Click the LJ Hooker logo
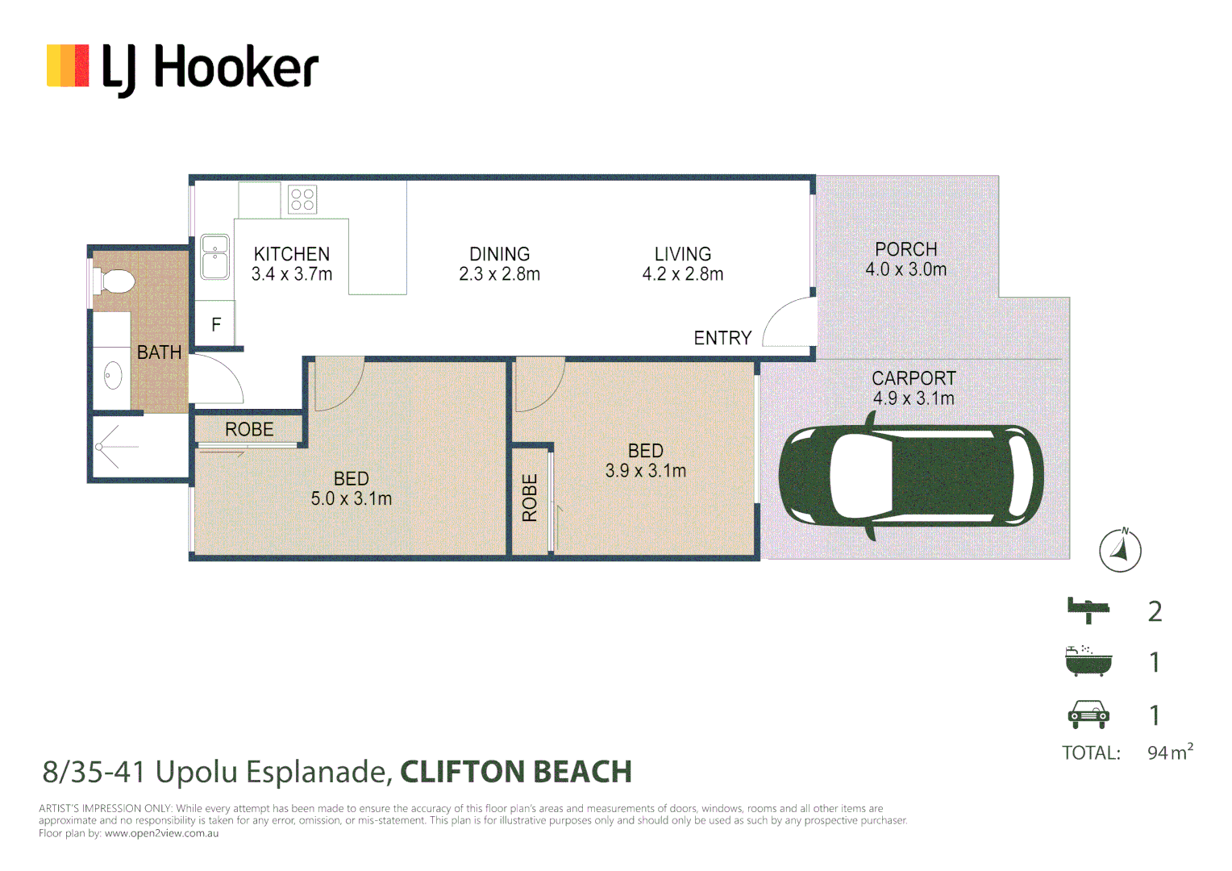coord(183,68)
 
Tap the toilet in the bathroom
coord(114,281)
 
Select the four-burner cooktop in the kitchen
coord(302,199)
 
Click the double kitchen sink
coord(214,256)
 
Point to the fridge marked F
coord(215,324)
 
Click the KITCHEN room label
coord(292,254)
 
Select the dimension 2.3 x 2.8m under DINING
coord(499,274)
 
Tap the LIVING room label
coord(682,254)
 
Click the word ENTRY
coord(722,338)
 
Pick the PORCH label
coord(905,249)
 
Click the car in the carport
coord(911,476)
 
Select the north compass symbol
coord(1120,551)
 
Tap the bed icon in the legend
coord(1088,610)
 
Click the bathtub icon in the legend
coord(1088,661)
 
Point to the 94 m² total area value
coord(1169,752)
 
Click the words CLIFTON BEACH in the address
coord(516,772)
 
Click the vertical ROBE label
coord(530,498)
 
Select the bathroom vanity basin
coord(113,376)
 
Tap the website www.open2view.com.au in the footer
coord(161,833)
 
